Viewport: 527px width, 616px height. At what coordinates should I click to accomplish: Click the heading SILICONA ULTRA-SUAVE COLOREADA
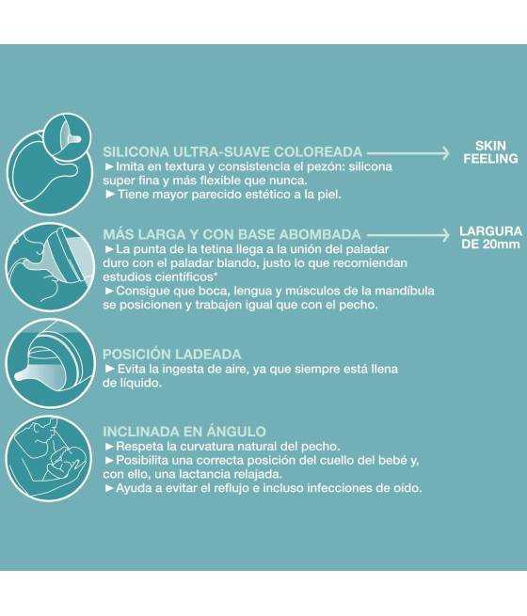tap(232, 152)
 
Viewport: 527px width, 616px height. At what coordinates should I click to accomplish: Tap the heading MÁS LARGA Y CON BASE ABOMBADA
tap(232, 234)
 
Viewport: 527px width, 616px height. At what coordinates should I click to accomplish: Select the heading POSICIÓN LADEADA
tap(171, 355)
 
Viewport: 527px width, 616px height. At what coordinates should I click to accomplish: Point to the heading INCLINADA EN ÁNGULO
tap(184, 432)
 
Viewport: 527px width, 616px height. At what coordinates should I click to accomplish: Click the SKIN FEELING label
tap(490, 152)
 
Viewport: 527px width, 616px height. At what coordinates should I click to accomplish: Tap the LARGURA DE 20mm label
tap(491, 237)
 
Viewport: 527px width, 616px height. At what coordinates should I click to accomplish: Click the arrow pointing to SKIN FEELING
tap(407, 152)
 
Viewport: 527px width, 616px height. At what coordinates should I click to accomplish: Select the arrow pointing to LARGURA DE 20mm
tap(407, 235)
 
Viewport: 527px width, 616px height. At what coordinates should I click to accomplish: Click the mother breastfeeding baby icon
tap(50, 458)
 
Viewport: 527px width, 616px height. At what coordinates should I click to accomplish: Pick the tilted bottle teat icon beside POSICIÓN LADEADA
tap(50, 363)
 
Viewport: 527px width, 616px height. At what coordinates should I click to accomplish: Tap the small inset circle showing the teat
tap(68, 136)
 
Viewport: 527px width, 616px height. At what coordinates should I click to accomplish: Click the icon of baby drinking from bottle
tap(50, 267)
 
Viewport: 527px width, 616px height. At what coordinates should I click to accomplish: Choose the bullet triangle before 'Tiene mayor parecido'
tap(110, 195)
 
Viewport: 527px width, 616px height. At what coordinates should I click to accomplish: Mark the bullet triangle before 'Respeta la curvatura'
tap(110, 447)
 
